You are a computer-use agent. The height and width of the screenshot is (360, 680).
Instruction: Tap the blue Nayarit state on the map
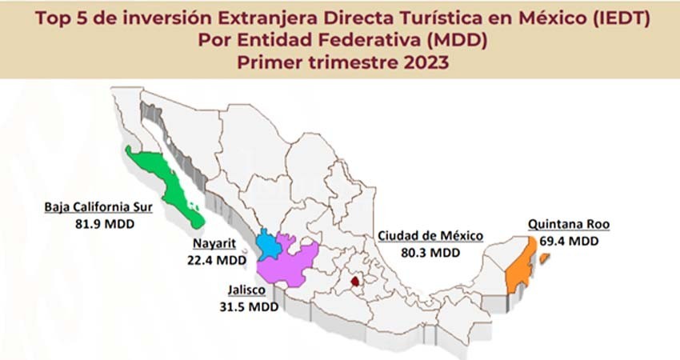point(269,245)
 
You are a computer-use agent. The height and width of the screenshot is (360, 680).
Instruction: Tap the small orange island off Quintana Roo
point(545,258)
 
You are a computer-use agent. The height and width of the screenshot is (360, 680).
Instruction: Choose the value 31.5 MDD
point(245,307)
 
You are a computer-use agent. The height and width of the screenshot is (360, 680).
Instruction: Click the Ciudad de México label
point(430,236)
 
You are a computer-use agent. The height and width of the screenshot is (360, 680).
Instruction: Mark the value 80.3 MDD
point(430,251)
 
